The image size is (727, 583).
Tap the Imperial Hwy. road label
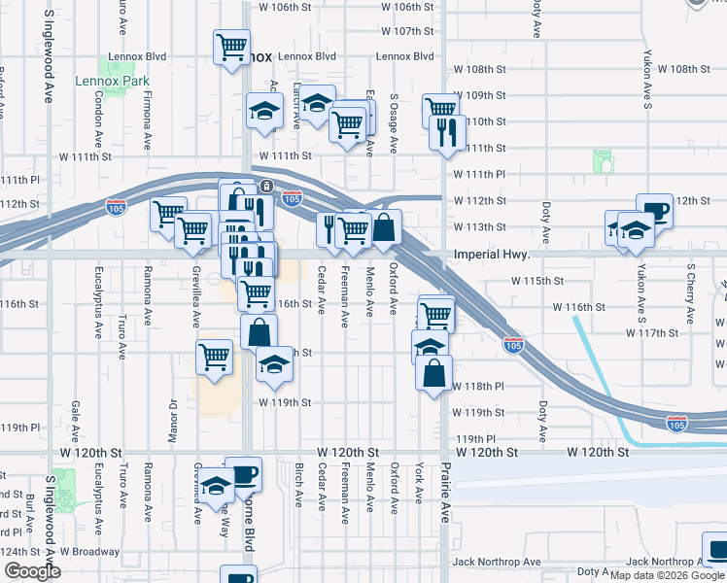click(x=491, y=256)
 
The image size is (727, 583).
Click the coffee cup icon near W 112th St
click(x=655, y=210)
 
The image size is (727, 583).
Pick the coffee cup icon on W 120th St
click(x=243, y=474)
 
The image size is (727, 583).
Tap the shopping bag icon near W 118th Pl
click(x=434, y=370)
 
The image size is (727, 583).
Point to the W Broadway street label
click(x=89, y=552)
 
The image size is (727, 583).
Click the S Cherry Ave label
click(x=691, y=292)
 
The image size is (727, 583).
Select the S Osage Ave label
click(x=394, y=123)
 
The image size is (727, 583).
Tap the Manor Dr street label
click(x=172, y=421)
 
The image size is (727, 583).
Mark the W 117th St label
click(x=652, y=332)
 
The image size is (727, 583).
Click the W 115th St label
click(x=537, y=281)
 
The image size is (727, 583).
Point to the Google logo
click(x=32, y=571)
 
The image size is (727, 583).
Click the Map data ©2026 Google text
click(x=666, y=575)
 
